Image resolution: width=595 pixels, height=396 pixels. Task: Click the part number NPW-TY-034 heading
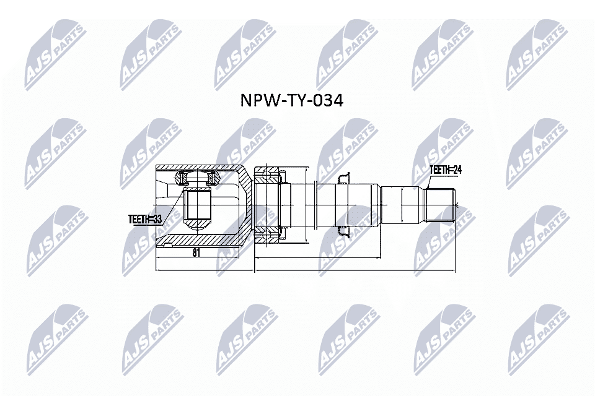point(291,101)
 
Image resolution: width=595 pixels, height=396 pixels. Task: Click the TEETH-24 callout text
point(447,169)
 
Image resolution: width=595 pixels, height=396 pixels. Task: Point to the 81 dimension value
point(196,252)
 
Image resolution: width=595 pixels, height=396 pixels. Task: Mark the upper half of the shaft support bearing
point(268,174)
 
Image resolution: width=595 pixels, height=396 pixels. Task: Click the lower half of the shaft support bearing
point(268,235)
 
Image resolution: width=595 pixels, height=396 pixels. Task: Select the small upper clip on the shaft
point(343,179)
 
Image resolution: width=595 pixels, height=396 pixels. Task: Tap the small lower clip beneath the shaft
point(343,232)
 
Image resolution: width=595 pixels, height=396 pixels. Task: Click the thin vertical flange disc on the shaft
point(316,206)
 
